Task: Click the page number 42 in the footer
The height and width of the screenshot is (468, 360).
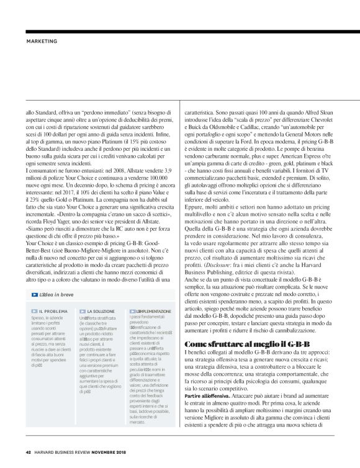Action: click(x=28, y=451)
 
